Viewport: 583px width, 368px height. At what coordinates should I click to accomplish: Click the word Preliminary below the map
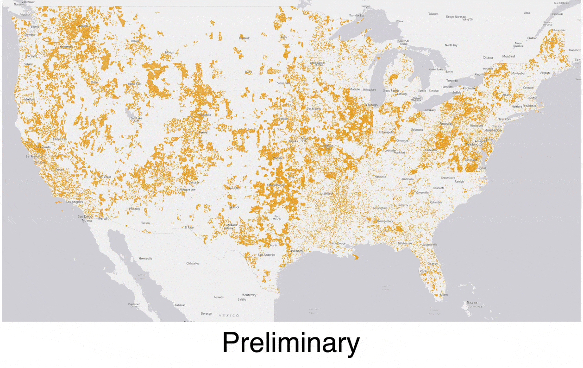click(291, 343)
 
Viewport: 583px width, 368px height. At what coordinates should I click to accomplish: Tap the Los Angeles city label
click(75, 202)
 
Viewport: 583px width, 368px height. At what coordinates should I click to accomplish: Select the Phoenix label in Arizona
click(134, 209)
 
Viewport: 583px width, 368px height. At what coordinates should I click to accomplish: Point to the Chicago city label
click(372, 105)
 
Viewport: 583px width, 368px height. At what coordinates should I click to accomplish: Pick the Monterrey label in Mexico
click(248, 295)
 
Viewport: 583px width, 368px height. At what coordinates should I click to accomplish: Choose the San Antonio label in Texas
click(266, 254)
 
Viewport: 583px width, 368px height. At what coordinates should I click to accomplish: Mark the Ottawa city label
click(488, 57)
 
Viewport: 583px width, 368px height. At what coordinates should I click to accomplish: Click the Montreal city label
click(508, 56)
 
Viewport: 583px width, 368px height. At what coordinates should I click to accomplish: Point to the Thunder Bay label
click(357, 15)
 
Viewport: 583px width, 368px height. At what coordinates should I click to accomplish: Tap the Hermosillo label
click(145, 259)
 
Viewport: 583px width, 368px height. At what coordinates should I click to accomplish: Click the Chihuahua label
click(193, 263)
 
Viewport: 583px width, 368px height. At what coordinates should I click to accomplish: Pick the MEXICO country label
click(229, 316)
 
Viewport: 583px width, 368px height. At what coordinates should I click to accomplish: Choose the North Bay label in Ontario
click(451, 45)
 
